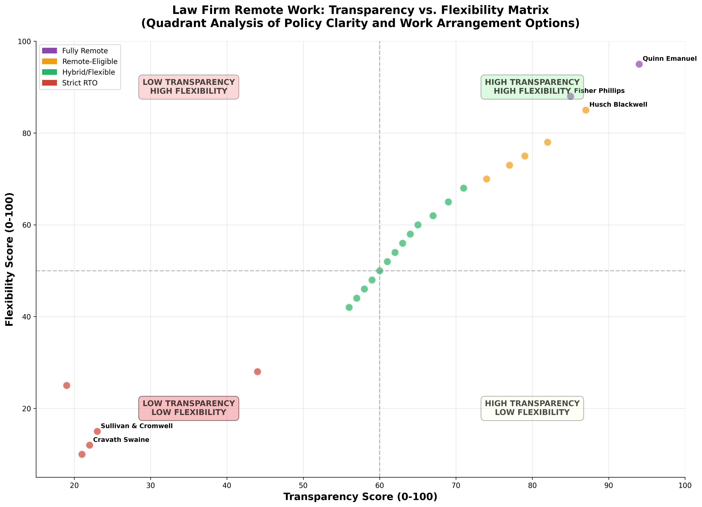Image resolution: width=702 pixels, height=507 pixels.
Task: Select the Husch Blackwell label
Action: pyautogui.click(x=618, y=105)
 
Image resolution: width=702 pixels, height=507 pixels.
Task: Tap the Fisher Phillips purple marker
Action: pyautogui.click(x=570, y=96)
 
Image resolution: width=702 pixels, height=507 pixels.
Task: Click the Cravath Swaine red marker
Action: pyautogui.click(x=89, y=445)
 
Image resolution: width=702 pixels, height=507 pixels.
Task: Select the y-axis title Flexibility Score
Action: pyautogui.click(x=10, y=259)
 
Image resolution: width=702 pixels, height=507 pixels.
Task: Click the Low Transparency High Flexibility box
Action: pyautogui.click(x=188, y=87)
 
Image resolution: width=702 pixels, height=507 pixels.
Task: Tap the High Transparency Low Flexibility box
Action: pyautogui.click(x=532, y=408)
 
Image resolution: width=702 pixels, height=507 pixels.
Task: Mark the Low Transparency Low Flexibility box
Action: pyautogui.click(x=188, y=408)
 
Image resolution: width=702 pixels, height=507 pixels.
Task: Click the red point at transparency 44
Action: pyautogui.click(x=257, y=372)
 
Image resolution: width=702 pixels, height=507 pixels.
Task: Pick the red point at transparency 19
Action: pyautogui.click(x=67, y=385)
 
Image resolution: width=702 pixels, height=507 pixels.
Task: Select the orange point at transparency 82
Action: pyautogui.click(x=548, y=142)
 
